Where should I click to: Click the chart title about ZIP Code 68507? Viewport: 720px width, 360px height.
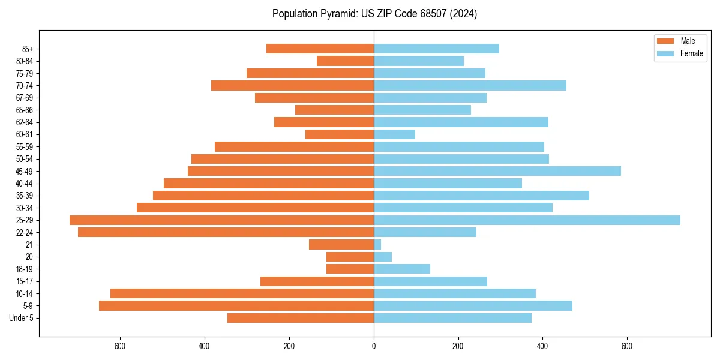point(374,14)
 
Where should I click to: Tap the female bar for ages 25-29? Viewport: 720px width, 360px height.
point(527,220)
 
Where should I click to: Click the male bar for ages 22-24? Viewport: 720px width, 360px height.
point(226,232)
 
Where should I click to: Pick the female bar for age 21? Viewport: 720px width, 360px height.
point(377,245)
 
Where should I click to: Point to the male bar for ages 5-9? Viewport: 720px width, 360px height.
point(236,306)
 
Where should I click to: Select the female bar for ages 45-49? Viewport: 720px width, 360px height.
point(497,171)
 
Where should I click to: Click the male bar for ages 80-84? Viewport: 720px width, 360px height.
point(345,61)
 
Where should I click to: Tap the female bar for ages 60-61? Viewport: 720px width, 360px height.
point(394,134)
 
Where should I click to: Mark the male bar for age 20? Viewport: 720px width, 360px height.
point(350,257)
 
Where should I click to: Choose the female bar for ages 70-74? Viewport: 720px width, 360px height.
point(470,86)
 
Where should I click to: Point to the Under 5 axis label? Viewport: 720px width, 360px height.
point(21,318)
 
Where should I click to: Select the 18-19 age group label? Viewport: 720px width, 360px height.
point(24,269)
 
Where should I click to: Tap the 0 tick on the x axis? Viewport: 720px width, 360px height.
point(374,346)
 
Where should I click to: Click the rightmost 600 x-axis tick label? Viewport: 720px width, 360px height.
point(627,346)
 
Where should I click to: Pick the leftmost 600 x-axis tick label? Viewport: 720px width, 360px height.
point(120,346)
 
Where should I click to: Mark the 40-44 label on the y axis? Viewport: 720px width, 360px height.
point(24,184)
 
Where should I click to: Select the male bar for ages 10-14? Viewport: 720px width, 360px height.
point(242,293)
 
